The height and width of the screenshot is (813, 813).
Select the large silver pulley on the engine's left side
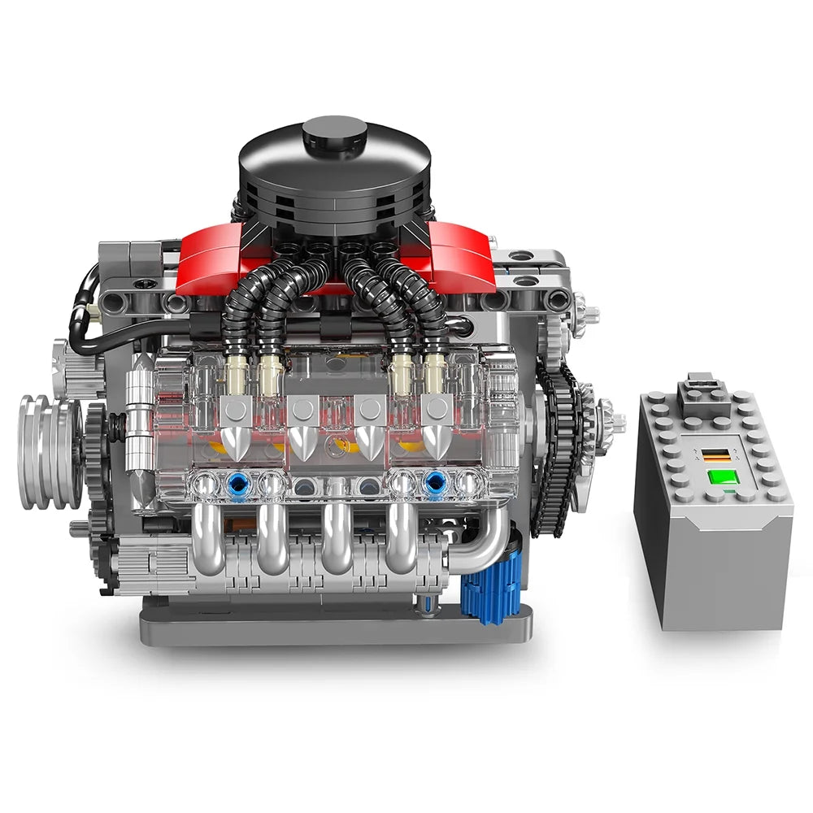(x=46, y=451)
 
